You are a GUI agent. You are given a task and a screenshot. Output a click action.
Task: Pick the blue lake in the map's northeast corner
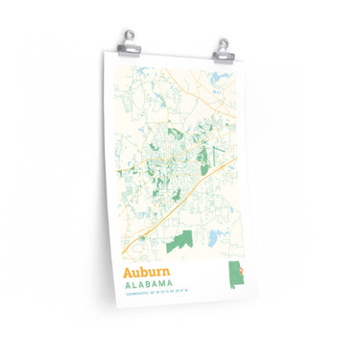click(225, 79)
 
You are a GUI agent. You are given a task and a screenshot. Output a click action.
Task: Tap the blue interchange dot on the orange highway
click(141, 236)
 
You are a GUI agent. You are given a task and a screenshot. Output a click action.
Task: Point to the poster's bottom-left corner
click(118, 305)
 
